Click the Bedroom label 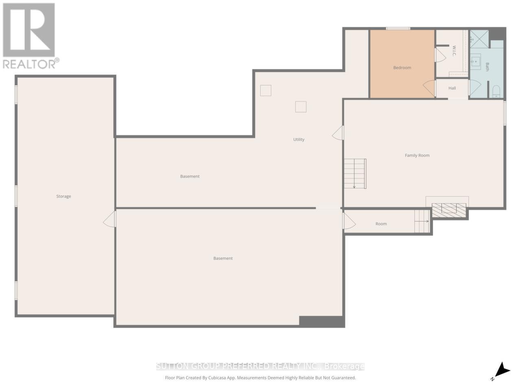point(402,68)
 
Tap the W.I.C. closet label point(454,51)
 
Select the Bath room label point(487,67)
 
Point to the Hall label point(452,88)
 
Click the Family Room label point(417,155)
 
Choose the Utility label point(299,139)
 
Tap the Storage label point(63,196)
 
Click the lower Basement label point(223,258)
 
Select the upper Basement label point(190,176)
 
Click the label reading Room point(381,224)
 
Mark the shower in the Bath point(480,39)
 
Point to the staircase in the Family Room point(355,174)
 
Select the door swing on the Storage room point(109,220)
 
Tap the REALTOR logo point(29,35)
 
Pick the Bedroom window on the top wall point(398,29)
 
